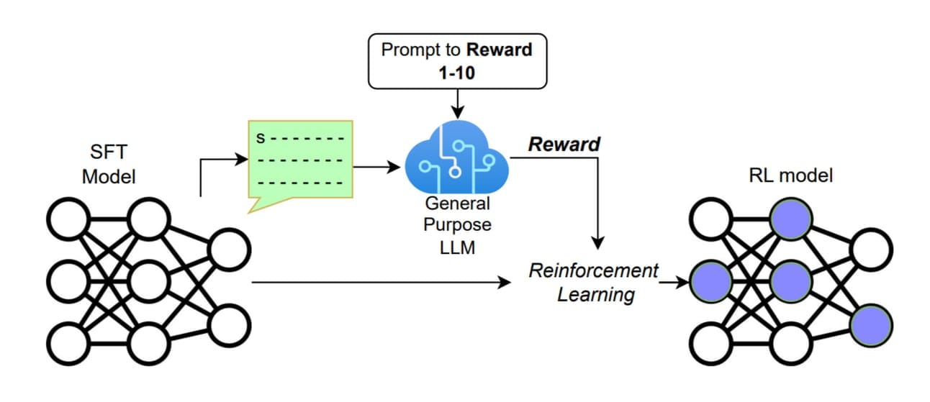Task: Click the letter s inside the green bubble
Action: click(x=262, y=137)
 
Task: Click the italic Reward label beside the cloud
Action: click(x=564, y=144)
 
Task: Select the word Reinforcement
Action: click(x=594, y=271)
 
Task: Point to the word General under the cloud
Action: click(x=457, y=204)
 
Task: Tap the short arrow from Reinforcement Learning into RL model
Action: click(x=673, y=283)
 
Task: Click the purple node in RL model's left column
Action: click(x=710, y=280)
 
